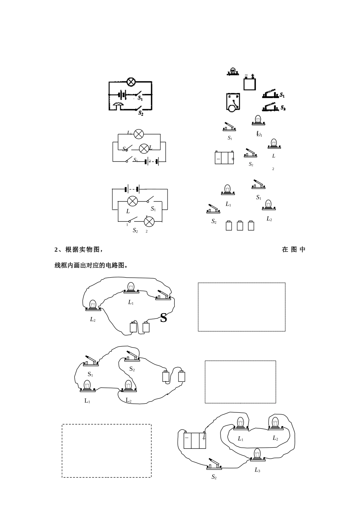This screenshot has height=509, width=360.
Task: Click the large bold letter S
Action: (x=163, y=318)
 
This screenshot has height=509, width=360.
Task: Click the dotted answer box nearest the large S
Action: (x=241, y=307)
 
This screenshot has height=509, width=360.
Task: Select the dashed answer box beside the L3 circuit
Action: (x=106, y=451)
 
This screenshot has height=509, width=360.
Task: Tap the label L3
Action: (x=257, y=470)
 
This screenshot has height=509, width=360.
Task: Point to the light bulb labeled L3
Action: (x=257, y=454)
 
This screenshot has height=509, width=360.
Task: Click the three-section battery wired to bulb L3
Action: (x=195, y=440)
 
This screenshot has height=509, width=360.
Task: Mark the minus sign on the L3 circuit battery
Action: (x=186, y=438)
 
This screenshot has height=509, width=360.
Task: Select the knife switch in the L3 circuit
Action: (x=214, y=464)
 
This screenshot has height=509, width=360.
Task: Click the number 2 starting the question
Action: (x=56, y=250)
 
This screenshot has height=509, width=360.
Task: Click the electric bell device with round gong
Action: (x=233, y=102)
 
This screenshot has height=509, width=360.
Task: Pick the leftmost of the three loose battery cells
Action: (x=229, y=226)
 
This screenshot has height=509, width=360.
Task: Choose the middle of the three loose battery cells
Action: (x=240, y=226)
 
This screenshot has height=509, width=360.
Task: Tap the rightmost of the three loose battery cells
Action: (x=251, y=226)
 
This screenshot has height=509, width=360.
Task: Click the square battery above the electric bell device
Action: (x=249, y=83)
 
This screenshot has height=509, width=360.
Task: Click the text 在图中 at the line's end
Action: (x=294, y=250)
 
